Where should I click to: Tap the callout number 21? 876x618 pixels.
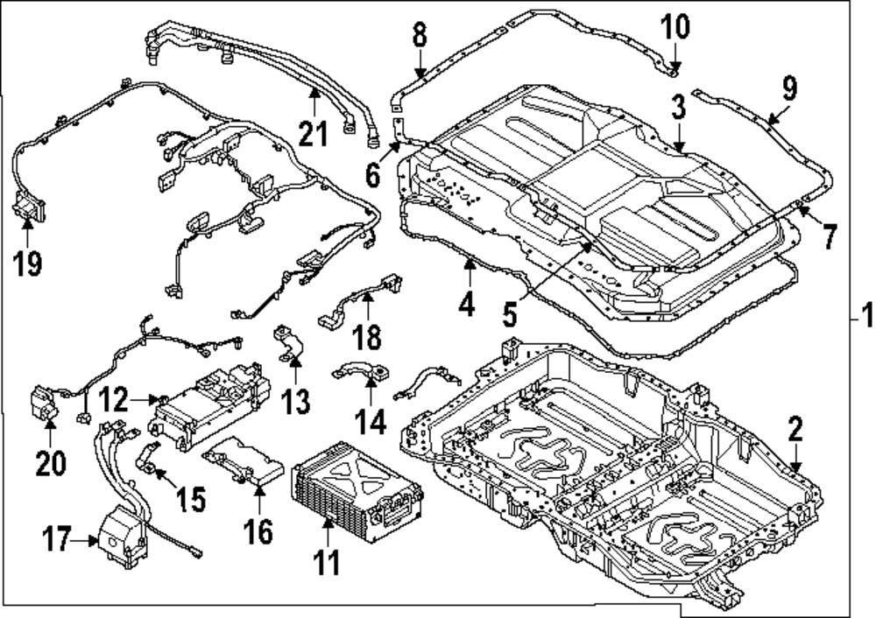(313, 134)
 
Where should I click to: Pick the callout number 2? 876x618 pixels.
(795, 429)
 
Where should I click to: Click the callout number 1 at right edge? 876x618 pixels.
(865, 313)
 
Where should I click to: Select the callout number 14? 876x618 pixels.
(371, 423)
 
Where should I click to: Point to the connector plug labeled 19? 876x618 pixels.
(28, 209)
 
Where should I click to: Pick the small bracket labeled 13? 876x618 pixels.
(287, 343)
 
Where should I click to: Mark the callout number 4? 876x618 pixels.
(466, 304)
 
